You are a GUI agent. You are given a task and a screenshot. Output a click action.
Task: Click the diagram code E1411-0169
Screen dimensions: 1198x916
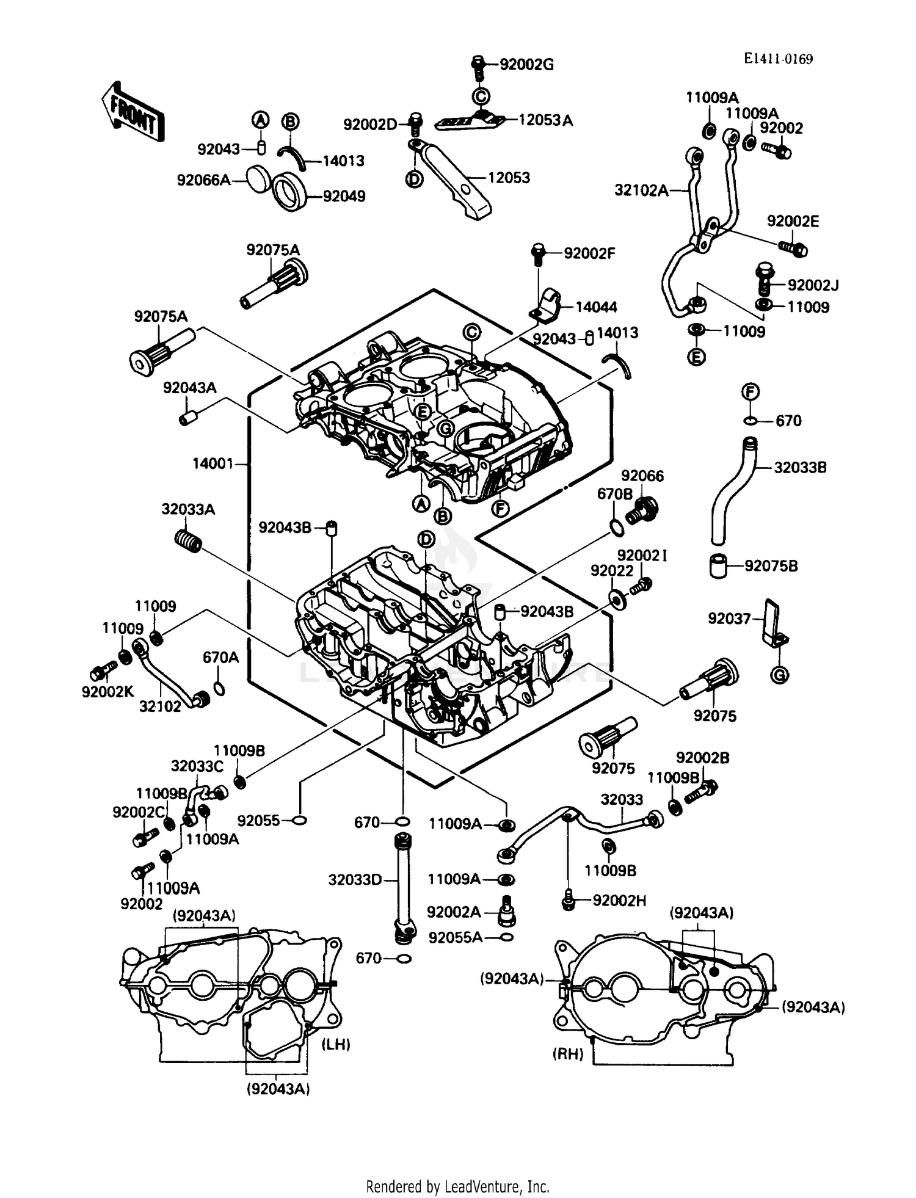click(778, 59)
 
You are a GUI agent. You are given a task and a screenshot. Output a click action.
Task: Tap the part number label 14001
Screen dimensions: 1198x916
click(213, 464)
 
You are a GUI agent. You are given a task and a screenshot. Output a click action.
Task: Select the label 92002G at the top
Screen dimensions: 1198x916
click(526, 65)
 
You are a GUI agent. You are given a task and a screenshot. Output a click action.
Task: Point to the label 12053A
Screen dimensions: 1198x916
click(545, 120)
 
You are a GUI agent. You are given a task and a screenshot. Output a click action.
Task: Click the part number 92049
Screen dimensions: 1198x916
click(344, 197)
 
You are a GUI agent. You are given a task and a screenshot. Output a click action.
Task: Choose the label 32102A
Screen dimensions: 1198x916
click(641, 191)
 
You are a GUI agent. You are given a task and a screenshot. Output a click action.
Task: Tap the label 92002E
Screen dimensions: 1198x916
click(793, 222)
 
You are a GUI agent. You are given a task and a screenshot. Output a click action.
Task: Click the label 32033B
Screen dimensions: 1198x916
click(800, 468)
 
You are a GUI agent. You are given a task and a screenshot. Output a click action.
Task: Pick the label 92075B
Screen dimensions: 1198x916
click(771, 566)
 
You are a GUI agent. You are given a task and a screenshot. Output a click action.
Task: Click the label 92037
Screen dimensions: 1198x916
click(729, 619)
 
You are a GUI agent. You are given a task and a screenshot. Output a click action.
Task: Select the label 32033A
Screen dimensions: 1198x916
click(188, 509)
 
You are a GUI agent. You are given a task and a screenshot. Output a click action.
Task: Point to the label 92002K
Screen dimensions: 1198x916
click(107, 692)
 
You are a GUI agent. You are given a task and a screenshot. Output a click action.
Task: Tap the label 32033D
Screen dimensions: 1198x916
click(355, 880)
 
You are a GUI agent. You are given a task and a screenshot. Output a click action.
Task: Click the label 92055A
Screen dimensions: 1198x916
click(455, 937)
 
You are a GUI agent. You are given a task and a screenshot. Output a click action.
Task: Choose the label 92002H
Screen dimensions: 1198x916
click(619, 901)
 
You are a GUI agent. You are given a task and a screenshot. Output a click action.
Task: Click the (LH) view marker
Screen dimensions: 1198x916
click(336, 1045)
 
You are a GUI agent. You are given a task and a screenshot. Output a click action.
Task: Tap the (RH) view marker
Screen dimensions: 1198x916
click(568, 1055)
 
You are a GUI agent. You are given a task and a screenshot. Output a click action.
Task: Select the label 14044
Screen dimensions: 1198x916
click(596, 307)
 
